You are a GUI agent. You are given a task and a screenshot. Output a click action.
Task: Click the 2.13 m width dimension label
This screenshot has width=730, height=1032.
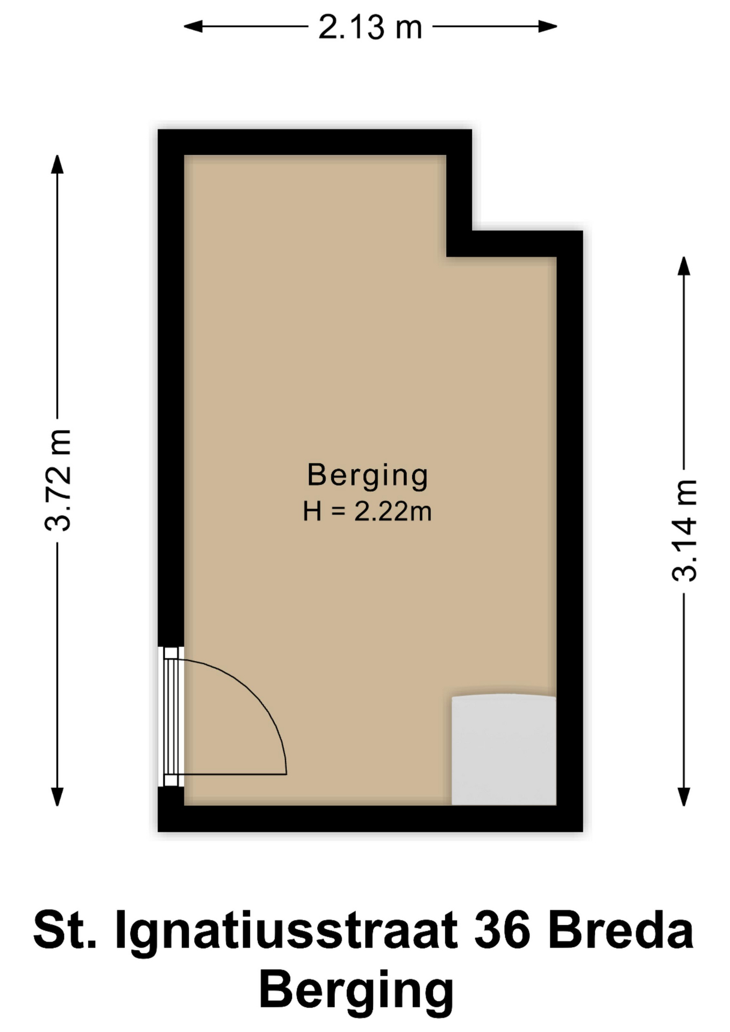click(x=370, y=27)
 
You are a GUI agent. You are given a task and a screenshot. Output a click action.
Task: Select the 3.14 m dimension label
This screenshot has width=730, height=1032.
click(x=685, y=530)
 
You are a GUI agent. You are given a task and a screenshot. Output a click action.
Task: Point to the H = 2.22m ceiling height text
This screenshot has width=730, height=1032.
click(x=367, y=511)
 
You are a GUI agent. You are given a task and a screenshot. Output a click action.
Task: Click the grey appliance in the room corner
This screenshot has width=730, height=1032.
click(x=504, y=750)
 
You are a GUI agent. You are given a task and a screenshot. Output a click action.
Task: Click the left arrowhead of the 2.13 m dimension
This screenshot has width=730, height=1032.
click(x=194, y=26)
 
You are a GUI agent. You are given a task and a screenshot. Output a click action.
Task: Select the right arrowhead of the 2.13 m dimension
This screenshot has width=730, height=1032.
click(x=547, y=26)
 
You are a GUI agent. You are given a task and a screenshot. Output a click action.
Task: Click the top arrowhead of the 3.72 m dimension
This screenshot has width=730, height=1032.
click(x=57, y=164)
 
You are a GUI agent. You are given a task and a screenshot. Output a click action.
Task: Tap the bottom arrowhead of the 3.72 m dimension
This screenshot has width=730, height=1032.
click(x=57, y=797)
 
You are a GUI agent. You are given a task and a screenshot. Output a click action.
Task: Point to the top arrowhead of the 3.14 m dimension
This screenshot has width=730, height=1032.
click(x=684, y=266)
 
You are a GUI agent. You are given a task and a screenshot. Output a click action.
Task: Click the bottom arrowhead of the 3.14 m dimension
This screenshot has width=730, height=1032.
click(x=684, y=797)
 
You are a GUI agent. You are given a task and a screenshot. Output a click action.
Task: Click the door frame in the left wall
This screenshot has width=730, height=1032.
click(x=171, y=716)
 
